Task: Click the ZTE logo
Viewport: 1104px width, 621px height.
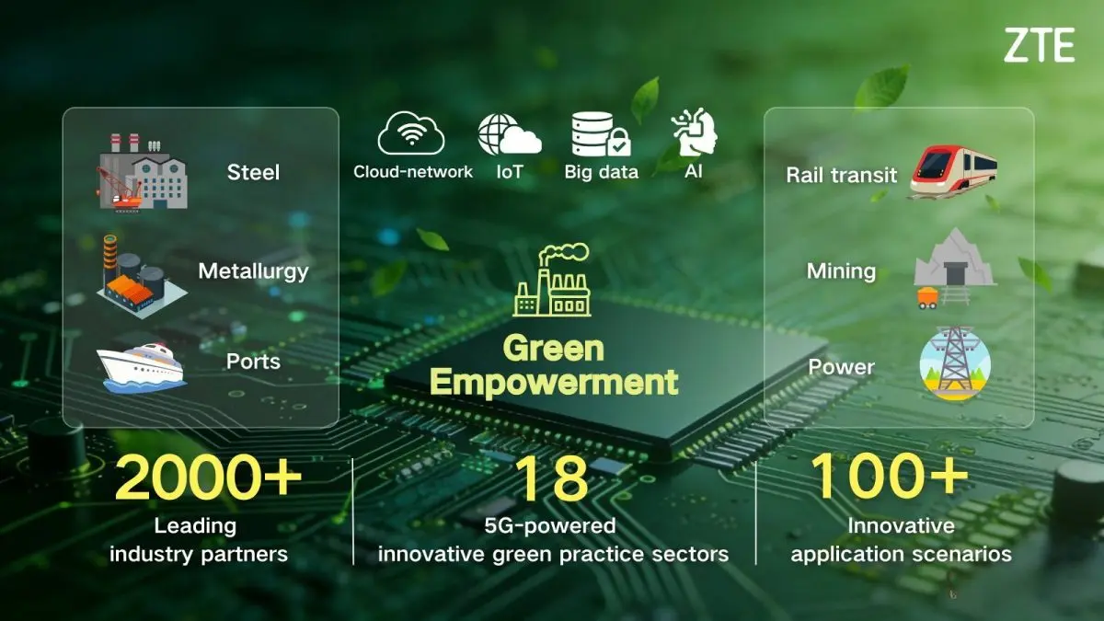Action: click(1039, 45)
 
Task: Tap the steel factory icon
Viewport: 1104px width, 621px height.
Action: click(142, 171)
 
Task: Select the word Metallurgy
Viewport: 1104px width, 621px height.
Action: click(253, 271)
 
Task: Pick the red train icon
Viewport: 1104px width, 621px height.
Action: click(953, 173)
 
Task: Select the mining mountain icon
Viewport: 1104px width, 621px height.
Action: click(952, 267)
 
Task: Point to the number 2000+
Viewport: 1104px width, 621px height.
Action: click(209, 477)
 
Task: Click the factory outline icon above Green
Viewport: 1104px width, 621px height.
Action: click(553, 280)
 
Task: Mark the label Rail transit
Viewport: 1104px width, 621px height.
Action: click(842, 175)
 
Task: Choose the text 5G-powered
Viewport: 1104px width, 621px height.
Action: click(552, 526)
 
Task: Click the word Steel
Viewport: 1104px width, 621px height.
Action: click(253, 172)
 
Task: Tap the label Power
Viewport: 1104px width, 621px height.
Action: click(841, 367)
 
